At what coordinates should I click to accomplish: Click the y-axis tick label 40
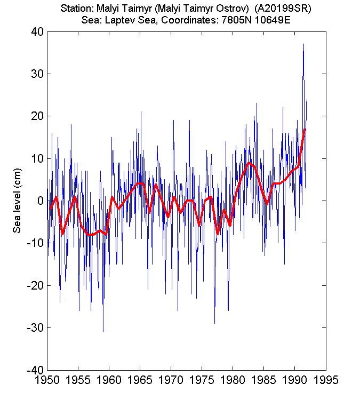click(36, 32)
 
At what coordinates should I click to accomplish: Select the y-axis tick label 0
click(39, 201)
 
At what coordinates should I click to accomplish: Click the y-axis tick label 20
click(36, 116)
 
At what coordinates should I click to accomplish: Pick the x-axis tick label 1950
click(47, 381)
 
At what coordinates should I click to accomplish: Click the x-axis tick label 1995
click(325, 381)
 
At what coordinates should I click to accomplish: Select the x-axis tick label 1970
click(171, 381)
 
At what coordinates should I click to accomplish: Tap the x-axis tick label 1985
click(263, 381)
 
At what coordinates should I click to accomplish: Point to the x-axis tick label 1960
click(109, 381)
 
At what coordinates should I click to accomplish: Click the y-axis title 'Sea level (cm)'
click(18, 201)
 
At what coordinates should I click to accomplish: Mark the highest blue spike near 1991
click(303, 44)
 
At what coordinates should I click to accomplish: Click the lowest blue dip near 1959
click(103, 331)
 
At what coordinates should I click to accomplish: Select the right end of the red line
click(305, 130)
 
